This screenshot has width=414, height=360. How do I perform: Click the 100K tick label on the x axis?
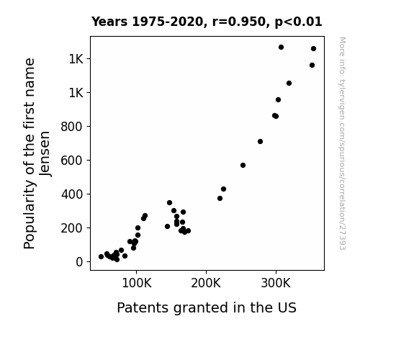137,284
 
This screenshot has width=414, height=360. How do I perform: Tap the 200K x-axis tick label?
206,284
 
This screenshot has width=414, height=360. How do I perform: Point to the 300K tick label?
276,284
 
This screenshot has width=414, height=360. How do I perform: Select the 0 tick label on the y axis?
79,262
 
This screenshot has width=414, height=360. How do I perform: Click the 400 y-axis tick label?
72,194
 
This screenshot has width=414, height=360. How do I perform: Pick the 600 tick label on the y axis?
72,161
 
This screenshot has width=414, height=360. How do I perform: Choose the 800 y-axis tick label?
72,127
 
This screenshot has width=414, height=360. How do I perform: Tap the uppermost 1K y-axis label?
76,59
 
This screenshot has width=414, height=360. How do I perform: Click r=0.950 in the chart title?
239,22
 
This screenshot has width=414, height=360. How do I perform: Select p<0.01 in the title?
298,22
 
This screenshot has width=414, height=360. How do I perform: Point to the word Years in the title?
109,22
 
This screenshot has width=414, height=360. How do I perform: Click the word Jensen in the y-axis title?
45,153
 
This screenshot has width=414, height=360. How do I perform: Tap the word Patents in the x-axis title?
143,307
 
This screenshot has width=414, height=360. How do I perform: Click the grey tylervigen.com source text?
342,143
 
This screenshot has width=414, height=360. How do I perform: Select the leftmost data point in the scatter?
101,257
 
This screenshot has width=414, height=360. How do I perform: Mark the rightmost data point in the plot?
314,48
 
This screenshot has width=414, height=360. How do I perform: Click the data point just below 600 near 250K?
243,166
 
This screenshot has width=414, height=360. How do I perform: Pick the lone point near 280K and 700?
260,142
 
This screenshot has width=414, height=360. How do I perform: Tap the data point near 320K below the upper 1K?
289,84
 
